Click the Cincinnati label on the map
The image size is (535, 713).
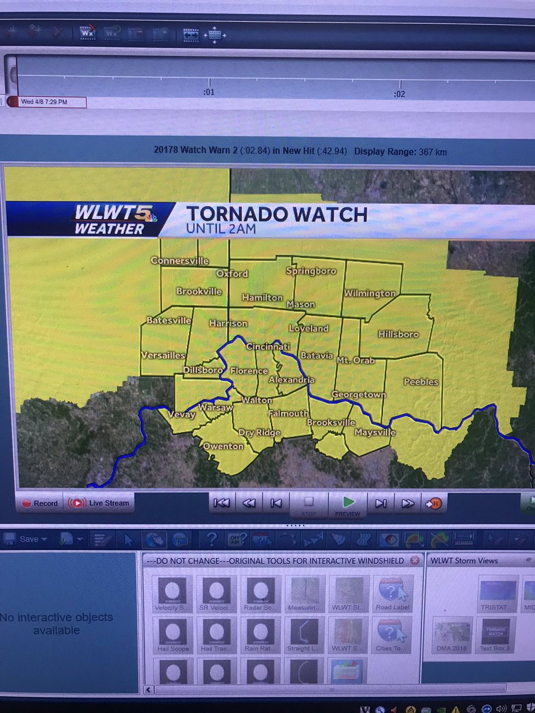point(268,346)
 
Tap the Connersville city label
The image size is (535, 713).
point(180,261)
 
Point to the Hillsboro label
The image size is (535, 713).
point(398,335)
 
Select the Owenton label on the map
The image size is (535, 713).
point(224,446)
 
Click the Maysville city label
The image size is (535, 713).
point(375,433)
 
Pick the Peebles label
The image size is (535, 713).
point(421,382)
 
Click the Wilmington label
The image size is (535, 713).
point(370,294)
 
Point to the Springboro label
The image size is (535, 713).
point(311,271)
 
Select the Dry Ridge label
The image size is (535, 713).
point(259,433)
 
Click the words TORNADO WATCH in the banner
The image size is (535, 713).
point(277,214)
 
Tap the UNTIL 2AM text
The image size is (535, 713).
point(221,228)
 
